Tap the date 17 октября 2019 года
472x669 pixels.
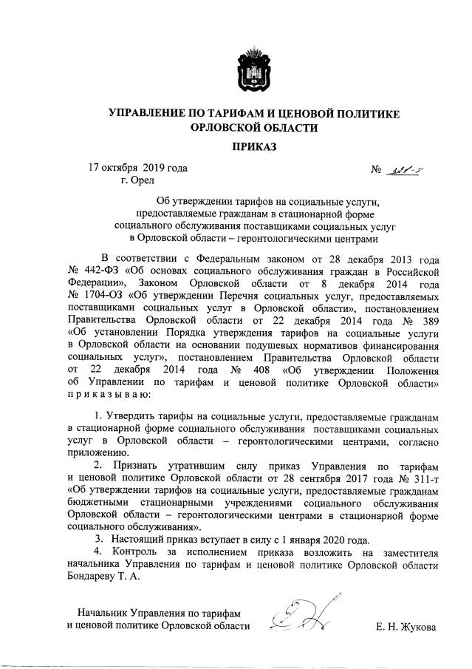coord(137,168)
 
